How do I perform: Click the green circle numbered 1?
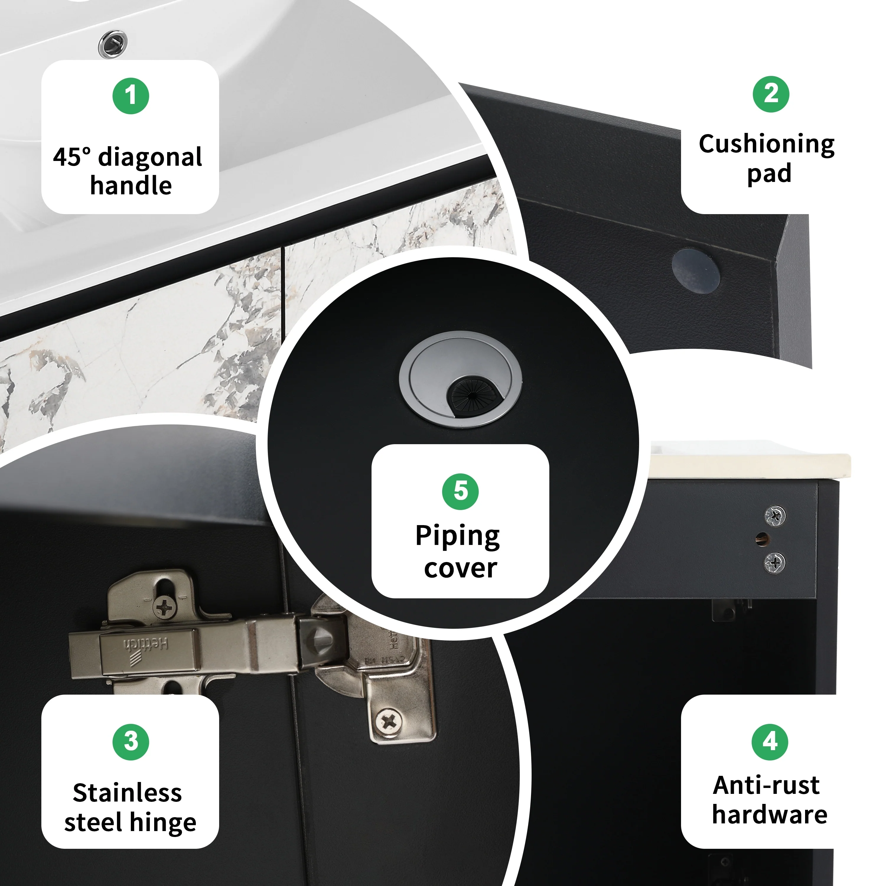tap(131, 96)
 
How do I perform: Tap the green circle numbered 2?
tap(771, 94)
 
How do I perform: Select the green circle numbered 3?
tap(131, 742)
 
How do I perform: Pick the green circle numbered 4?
tap(770, 742)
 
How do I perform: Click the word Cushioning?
tap(766, 144)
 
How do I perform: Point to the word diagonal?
tap(150, 157)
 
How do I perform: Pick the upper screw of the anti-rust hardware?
tap(775, 516)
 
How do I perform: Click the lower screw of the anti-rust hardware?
tap(775, 563)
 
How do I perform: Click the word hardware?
tap(770, 815)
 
